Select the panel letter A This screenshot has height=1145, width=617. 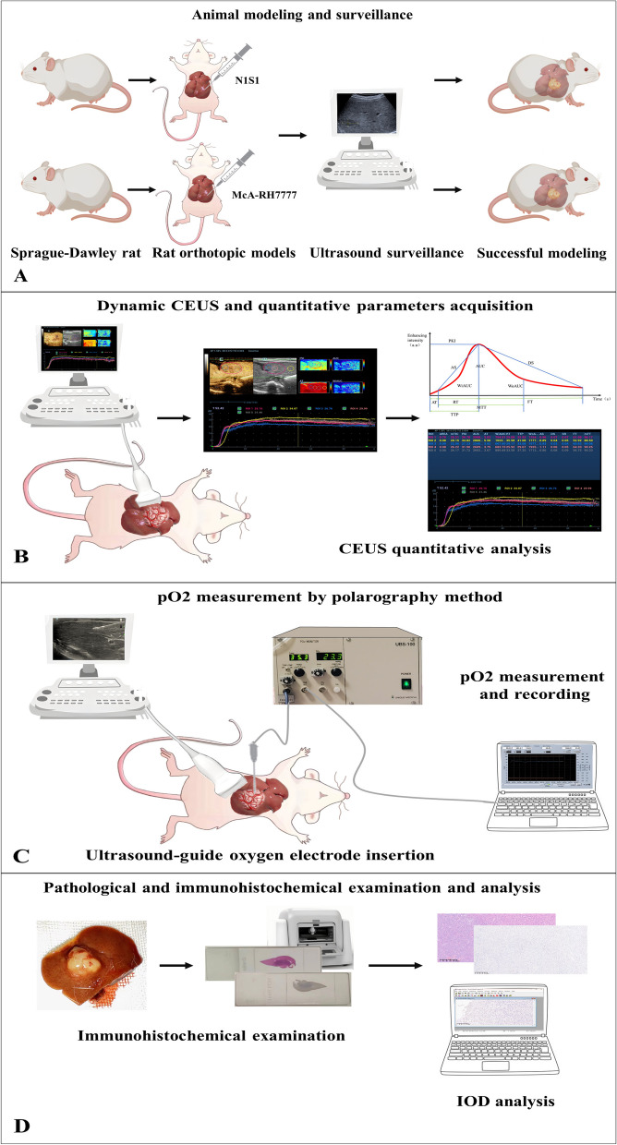(17, 274)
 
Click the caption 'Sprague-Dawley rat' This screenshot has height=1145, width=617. (71, 250)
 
